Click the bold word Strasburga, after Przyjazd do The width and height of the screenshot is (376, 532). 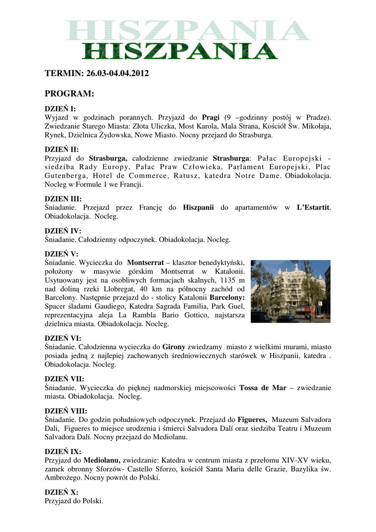pos(109,158)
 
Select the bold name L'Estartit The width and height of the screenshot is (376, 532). pos(313,208)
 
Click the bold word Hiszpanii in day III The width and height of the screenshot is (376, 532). pos(199,208)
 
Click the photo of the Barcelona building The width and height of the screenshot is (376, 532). pos(290,291)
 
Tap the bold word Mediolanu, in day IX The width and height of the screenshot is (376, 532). pos(102,460)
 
